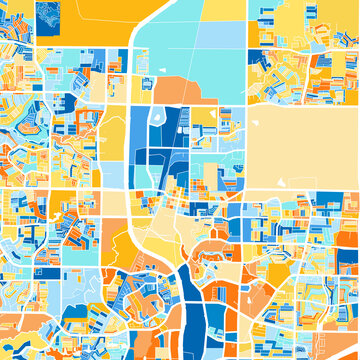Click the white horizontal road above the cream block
300,104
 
